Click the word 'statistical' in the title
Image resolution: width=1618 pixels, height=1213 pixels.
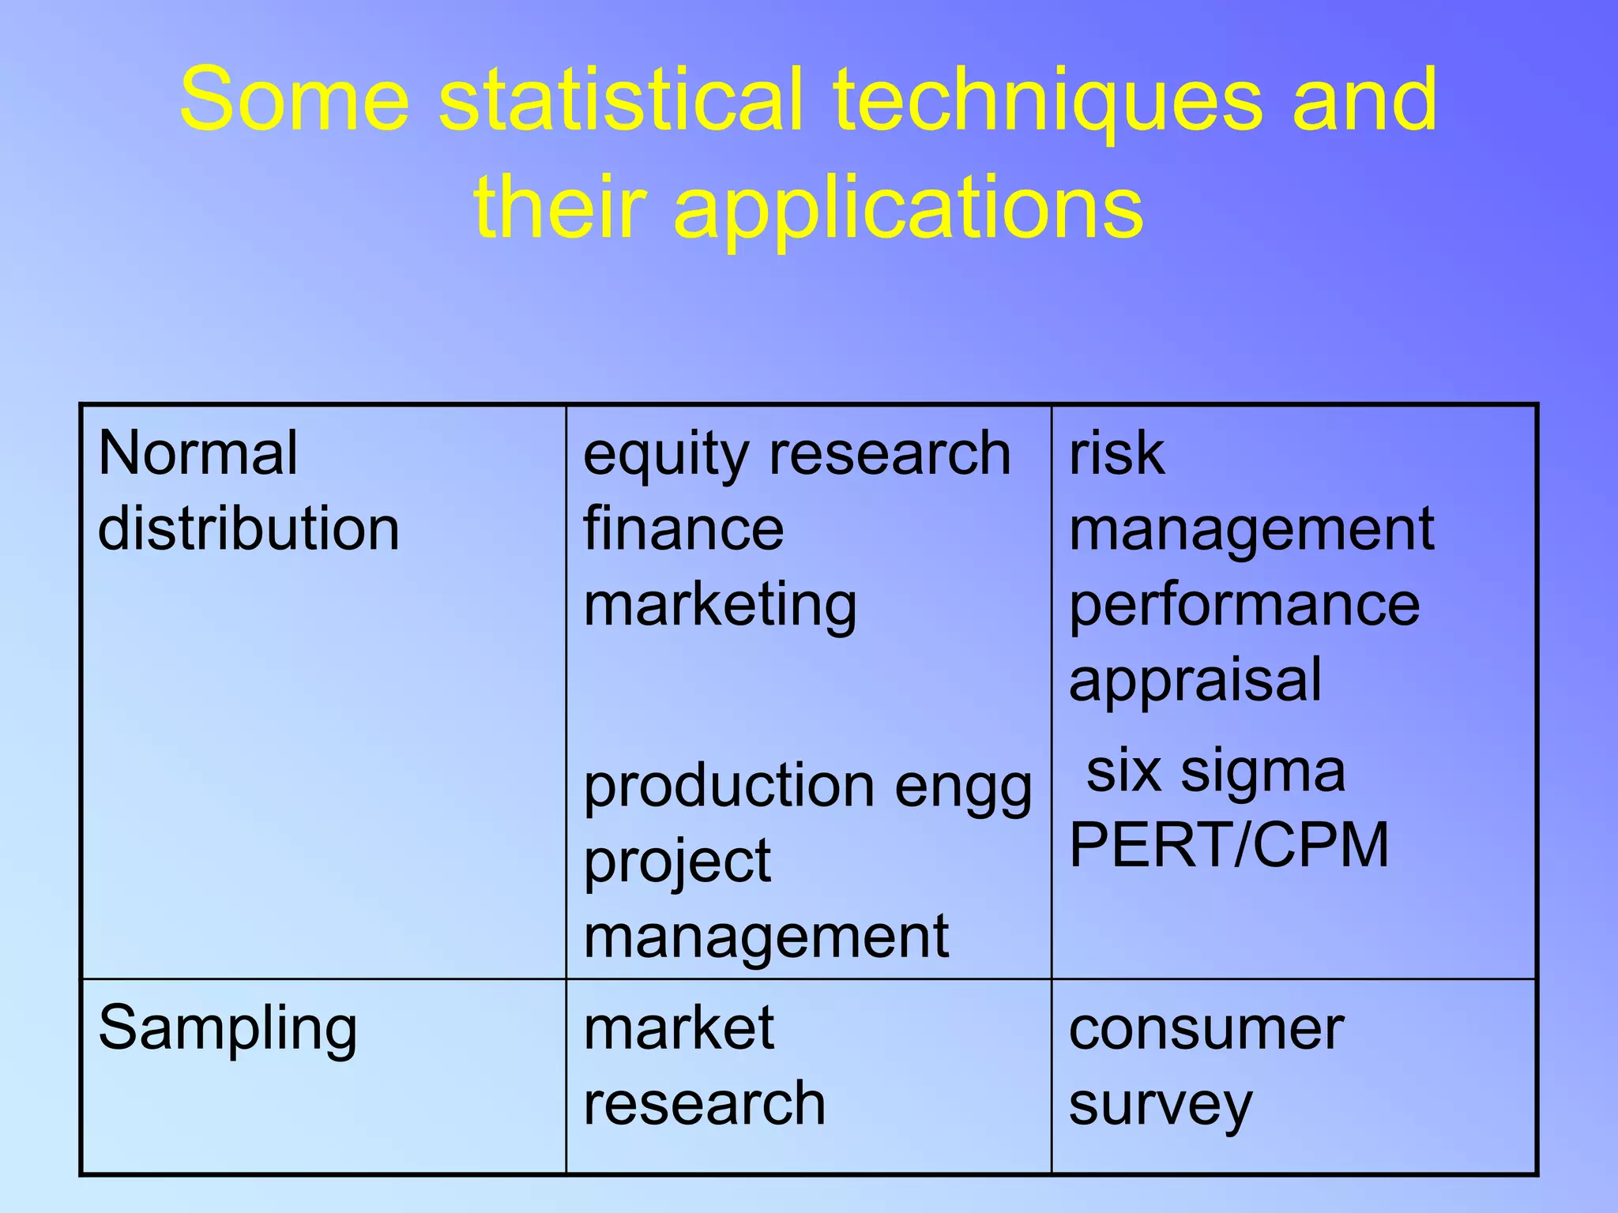click(x=619, y=100)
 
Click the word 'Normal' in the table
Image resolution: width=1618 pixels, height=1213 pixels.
click(x=198, y=453)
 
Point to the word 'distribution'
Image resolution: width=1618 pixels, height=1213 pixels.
click(x=248, y=528)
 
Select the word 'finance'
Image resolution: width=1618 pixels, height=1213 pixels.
click(x=683, y=528)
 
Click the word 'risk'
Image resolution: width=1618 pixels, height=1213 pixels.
click(x=1116, y=453)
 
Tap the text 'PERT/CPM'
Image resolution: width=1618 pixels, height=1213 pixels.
click(x=1229, y=845)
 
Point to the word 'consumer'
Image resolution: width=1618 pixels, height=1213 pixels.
click(x=1206, y=1030)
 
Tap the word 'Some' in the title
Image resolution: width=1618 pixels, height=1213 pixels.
click(x=294, y=100)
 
